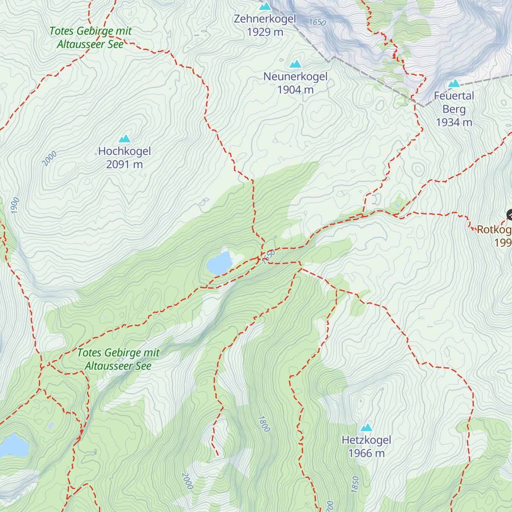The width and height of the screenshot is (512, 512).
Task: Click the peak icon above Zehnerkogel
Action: pyautogui.click(x=265, y=6)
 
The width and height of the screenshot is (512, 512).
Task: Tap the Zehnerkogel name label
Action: pyautogui.click(x=265, y=19)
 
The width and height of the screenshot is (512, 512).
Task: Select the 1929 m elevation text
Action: pyautogui.click(x=265, y=32)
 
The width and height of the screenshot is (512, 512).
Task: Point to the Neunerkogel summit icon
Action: pyautogui.click(x=295, y=64)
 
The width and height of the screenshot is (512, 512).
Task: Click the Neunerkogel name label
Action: pyautogui.click(x=295, y=77)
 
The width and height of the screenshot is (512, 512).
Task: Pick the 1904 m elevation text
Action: pyautogui.click(x=295, y=90)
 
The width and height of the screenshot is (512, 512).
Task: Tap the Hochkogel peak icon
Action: pyautogui.click(x=124, y=139)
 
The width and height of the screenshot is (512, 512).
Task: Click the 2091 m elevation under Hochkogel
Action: pyautogui.click(x=124, y=165)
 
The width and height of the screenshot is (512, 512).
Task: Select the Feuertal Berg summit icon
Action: pyautogui.click(x=454, y=83)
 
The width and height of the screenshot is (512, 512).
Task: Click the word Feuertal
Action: pyautogui.click(x=454, y=96)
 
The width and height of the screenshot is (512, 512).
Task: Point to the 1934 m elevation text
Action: pyautogui.click(x=454, y=122)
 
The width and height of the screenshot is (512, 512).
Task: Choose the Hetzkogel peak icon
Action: pyautogui.click(x=366, y=428)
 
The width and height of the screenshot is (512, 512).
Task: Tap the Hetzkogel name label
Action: pyautogui.click(x=366, y=440)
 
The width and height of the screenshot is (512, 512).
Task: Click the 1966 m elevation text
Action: pyautogui.click(x=366, y=453)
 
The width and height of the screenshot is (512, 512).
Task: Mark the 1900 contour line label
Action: pyautogui.click(x=15, y=206)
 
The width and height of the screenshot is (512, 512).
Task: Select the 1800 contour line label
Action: pyautogui.click(x=264, y=424)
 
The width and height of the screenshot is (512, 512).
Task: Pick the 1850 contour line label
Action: pyautogui.click(x=355, y=485)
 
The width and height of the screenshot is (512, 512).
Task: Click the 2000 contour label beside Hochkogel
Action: pyautogui.click(x=49, y=159)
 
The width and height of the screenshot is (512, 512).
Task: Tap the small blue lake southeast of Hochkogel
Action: pyautogui.click(x=219, y=263)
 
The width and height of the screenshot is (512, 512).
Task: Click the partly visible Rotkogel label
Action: pyautogui.click(x=494, y=230)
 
